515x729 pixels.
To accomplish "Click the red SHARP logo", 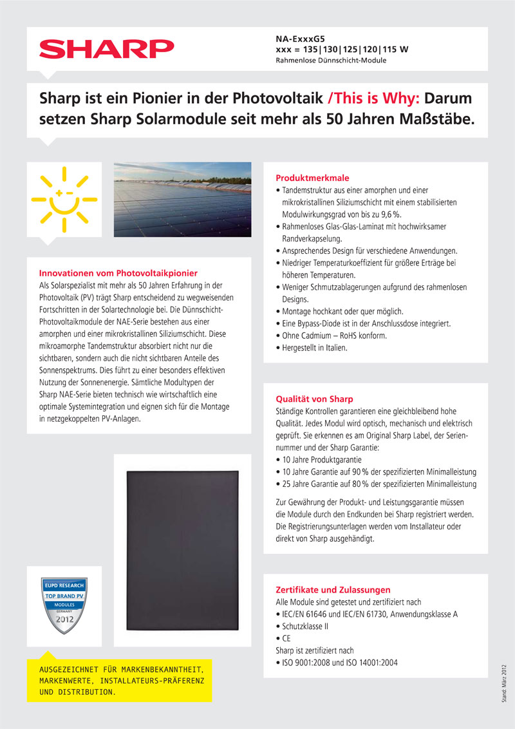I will coord(107,48).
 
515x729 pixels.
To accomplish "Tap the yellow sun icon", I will coord(64,198).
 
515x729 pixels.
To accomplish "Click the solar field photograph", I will coord(182,191).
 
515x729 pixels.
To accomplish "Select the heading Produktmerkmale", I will coord(312,178).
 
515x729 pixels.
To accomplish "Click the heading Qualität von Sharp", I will coord(314,399).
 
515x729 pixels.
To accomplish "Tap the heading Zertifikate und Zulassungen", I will coord(333,589).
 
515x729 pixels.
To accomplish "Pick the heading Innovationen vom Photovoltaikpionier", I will coord(118,272).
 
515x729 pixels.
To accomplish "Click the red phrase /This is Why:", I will coord(373,99).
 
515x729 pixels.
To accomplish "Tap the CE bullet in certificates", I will coord(286,638).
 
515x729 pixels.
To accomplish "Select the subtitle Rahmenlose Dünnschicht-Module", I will coord(330,61).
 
